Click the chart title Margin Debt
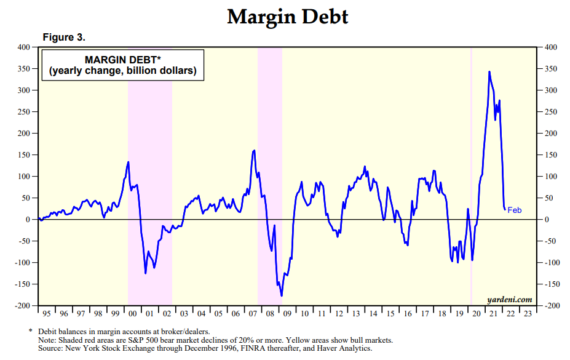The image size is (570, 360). click(x=288, y=17)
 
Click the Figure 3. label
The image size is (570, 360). click(x=64, y=38)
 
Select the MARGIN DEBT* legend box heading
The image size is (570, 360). click(x=123, y=60)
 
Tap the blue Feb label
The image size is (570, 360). click(x=515, y=210)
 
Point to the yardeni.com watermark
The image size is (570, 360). click(x=509, y=299)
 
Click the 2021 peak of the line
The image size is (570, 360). click(x=489, y=72)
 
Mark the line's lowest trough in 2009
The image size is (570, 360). click(x=282, y=296)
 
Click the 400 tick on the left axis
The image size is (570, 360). click(x=24, y=47)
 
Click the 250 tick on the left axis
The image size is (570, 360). click(x=24, y=112)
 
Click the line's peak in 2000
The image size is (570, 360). click(x=128, y=162)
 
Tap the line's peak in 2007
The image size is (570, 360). click(x=254, y=150)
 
